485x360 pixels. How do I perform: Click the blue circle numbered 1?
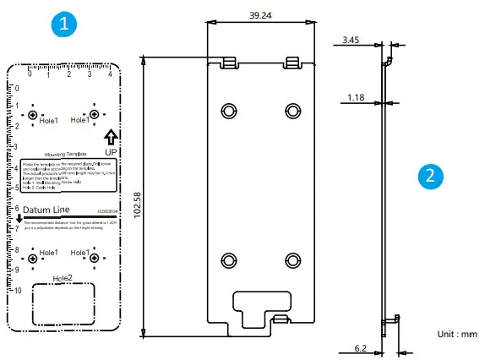64,25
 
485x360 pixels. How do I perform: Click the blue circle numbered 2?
431,176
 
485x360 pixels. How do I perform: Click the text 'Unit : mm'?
457,334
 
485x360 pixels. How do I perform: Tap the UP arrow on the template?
112,138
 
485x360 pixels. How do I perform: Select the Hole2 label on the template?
63,277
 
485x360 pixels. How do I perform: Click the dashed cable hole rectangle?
63,303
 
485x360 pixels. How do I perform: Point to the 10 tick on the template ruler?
16,290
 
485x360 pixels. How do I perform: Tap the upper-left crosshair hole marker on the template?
33,115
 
